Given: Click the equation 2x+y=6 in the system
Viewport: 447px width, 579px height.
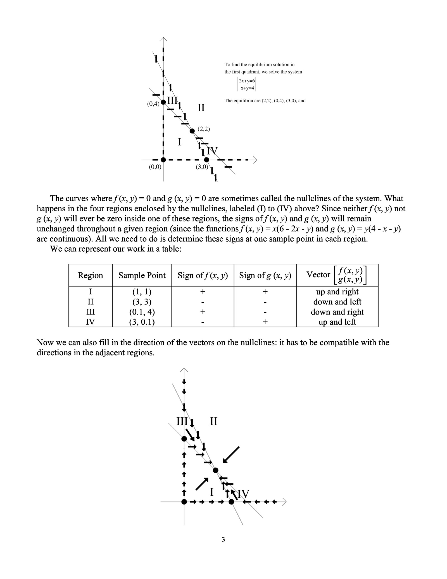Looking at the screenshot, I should [247, 81].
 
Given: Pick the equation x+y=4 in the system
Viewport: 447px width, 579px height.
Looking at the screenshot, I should [247, 88].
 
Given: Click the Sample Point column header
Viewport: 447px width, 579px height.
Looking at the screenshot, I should [142, 275].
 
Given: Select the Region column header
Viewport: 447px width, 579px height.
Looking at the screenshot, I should [90, 275].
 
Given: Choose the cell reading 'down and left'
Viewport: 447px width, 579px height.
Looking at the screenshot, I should [337, 302].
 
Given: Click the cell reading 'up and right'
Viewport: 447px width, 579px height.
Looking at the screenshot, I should [337, 292].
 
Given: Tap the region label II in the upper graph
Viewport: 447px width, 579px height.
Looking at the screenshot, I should [201, 108].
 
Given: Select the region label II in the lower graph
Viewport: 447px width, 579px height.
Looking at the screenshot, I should [213, 421].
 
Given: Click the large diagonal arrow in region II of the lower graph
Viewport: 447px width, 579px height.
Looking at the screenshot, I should [231, 455].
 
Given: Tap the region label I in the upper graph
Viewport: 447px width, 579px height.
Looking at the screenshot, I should [179, 142].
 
